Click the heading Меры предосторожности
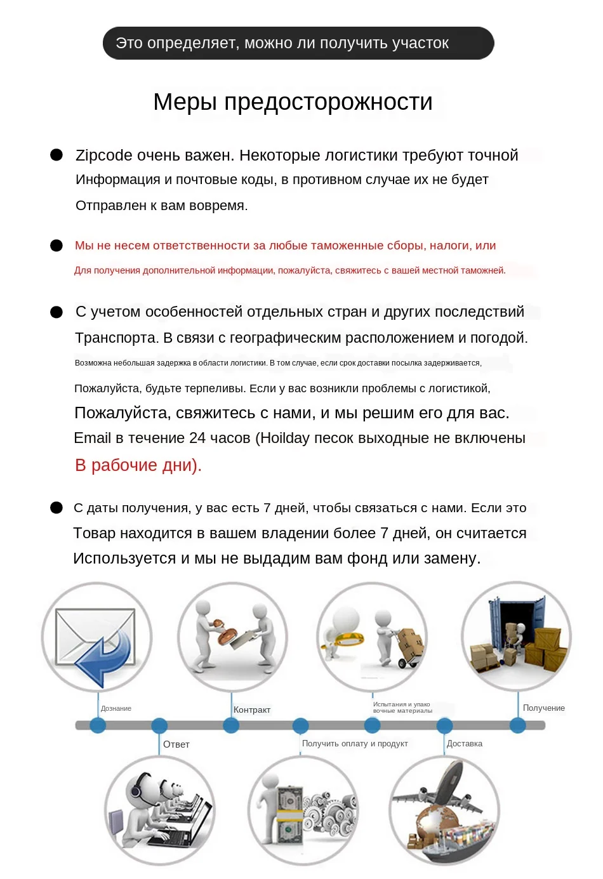click(x=293, y=102)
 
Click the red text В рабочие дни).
click(x=138, y=465)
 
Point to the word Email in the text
click(x=92, y=439)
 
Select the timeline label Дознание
click(x=116, y=708)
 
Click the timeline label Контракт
click(x=252, y=710)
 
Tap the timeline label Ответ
click(x=176, y=744)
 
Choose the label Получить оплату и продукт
click(x=355, y=744)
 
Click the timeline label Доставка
click(x=465, y=744)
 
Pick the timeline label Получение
click(x=543, y=708)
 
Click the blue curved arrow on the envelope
click(x=105, y=657)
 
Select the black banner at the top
click(x=298, y=43)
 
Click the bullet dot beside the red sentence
click(x=56, y=246)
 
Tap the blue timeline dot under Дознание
click(x=98, y=725)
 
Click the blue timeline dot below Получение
click(x=518, y=725)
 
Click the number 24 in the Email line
click(x=197, y=439)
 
